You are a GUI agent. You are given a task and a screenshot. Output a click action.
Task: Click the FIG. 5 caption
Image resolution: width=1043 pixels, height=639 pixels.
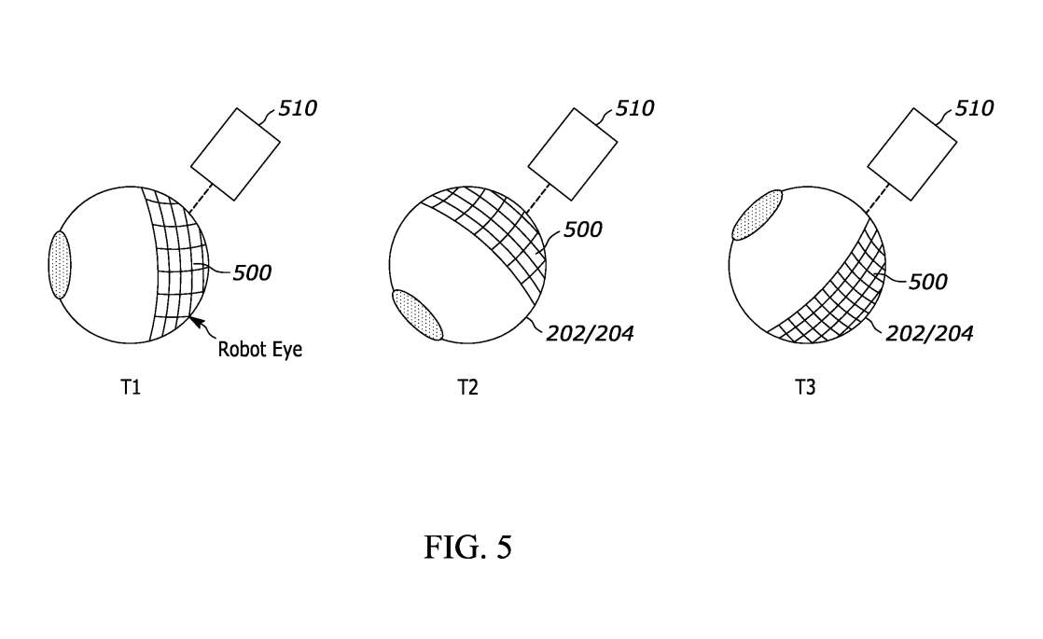click(x=468, y=547)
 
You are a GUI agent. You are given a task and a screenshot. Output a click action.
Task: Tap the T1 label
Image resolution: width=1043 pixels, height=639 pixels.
click(x=131, y=387)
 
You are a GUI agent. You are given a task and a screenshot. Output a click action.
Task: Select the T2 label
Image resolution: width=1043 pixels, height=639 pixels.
click(x=468, y=387)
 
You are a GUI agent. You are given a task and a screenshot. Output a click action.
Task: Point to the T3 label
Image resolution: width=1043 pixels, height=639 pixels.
click(x=805, y=387)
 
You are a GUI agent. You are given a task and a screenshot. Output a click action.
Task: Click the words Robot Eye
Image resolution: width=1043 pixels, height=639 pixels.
click(x=260, y=350)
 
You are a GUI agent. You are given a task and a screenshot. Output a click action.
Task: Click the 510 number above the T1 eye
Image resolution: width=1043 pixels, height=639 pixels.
click(x=298, y=107)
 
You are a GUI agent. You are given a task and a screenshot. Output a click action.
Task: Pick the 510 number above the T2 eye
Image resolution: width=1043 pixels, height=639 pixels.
click(x=634, y=107)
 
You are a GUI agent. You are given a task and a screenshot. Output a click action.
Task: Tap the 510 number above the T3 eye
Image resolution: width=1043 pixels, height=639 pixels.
click(x=974, y=107)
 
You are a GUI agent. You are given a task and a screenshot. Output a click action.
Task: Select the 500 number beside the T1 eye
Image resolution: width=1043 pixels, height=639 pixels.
click(x=252, y=272)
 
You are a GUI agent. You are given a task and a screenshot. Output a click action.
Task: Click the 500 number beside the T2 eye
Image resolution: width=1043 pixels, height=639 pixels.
click(x=583, y=229)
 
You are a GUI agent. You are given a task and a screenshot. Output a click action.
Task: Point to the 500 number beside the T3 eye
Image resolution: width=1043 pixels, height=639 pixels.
click(x=927, y=282)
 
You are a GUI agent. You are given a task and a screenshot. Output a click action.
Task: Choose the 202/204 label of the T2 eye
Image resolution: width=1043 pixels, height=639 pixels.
click(x=590, y=333)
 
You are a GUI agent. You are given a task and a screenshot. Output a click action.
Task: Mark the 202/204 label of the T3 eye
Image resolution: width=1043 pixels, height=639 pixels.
click(x=929, y=333)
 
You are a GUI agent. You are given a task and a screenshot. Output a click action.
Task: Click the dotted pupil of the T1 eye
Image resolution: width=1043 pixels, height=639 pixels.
click(x=60, y=265)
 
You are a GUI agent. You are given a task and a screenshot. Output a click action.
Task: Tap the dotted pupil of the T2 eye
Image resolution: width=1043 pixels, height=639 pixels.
click(x=418, y=314)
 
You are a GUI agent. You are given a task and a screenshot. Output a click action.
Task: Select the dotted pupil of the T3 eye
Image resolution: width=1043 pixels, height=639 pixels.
click(x=758, y=215)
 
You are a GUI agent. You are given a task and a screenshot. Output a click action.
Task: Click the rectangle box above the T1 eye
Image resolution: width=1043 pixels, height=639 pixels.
click(x=235, y=154)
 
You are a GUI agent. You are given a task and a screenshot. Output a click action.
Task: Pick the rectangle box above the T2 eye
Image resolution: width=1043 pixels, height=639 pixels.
click(x=573, y=154)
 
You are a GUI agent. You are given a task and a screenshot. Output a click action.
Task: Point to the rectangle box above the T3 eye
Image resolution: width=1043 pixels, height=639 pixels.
click(x=912, y=154)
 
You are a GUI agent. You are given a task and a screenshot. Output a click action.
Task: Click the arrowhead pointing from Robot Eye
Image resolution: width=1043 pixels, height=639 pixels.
click(x=195, y=322)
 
